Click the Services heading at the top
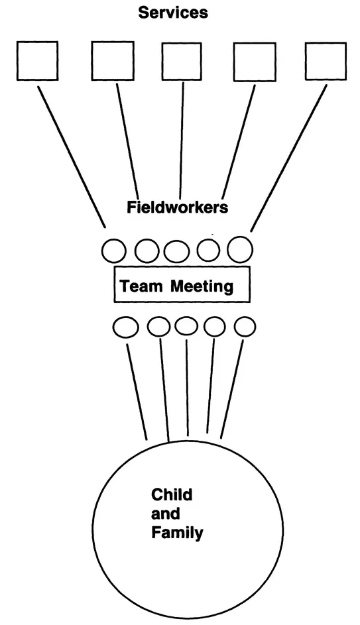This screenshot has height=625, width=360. pyautogui.click(x=172, y=12)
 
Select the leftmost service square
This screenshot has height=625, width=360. pyautogui.click(x=37, y=62)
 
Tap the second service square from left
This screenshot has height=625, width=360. pyautogui.click(x=112, y=62)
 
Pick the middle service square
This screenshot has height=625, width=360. pyautogui.click(x=182, y=62)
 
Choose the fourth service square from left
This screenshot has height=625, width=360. pyautogui.click(x=254, y=62)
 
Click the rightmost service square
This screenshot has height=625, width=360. pyautogui.click(x=326, y=62)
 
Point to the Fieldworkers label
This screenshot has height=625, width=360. pyautogui.click(x=177, y=207)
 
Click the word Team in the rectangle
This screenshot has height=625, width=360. pyautogui.click(x=141, y=287)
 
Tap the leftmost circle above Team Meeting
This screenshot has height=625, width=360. pyautogui.click(x=114, y=251)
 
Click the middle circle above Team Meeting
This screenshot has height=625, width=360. pyautogui.click(x=177, y=251)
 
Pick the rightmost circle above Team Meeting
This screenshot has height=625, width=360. pyautogui.click(x=240, y=250)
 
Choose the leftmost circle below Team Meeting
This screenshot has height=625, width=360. pyautogui.click(x=125, y=326)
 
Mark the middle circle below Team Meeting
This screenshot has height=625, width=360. pyautogui.click(x=186, y=326)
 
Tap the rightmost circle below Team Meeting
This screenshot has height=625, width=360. pyautogui.click(x=245, y=326)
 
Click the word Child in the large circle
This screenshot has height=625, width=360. pyautogui.click(x=172, y=494)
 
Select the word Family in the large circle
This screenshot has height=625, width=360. pyautogui.click(x=177, y=532)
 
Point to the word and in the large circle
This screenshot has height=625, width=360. pyautogui.click(x=165, y=514)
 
